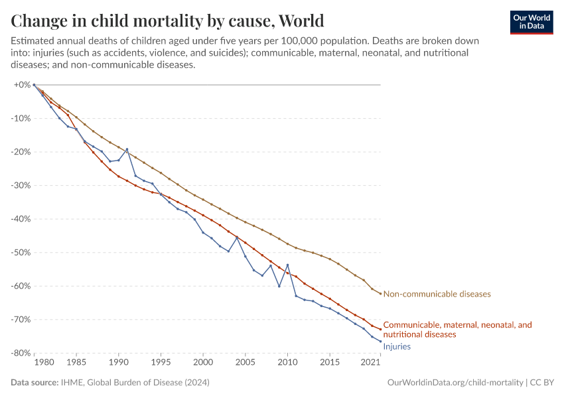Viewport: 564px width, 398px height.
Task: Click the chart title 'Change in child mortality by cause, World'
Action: click(x=167, y=19)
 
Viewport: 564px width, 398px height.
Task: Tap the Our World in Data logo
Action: click(x=531, y=21)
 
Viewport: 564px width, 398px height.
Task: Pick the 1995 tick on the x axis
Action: click(x=161, y=364)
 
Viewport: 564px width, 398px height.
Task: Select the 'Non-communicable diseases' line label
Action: click(x=437, y=294)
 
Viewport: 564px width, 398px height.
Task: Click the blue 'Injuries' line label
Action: click(x=397, y=346)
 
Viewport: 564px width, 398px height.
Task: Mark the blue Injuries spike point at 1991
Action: click(x=127, y=149)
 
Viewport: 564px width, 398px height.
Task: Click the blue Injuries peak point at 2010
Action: click(x=287, y=265)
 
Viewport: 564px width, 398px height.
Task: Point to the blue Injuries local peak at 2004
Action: click(x=237, y=237)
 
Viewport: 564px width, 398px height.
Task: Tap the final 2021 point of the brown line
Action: click(x=380, y=293)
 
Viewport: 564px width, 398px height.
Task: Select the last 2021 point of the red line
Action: click(x=380, y=329)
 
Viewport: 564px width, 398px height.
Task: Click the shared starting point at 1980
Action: click(x=34, y=85)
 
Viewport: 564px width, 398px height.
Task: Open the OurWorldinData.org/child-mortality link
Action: click(x=455, y=383)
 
